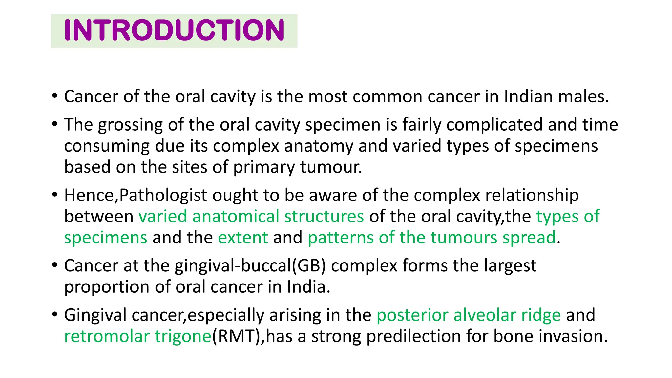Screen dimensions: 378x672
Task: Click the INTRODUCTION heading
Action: pos(174,31)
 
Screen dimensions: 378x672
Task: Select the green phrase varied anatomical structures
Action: pos(251,217)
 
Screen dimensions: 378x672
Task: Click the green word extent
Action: pos(243,238)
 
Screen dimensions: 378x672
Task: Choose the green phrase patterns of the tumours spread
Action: pos(432,238)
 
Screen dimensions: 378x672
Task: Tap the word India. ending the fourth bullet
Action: pos(308,287)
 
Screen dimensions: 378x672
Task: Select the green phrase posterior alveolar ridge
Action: pos(469,315)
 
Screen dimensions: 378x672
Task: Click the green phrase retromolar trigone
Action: pos(138,337)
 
